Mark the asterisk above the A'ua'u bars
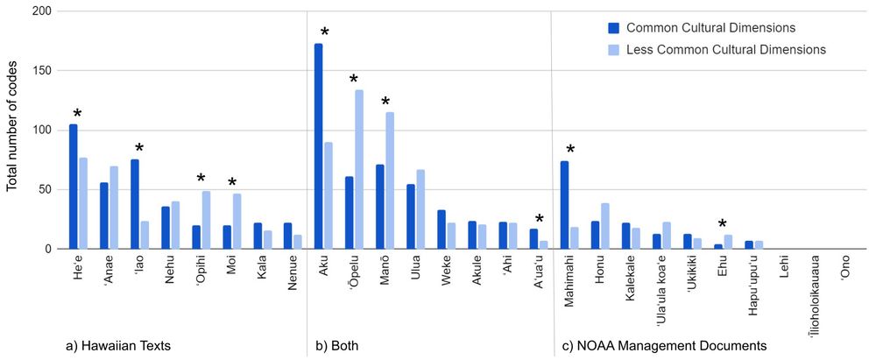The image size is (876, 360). click(x=539, y=220)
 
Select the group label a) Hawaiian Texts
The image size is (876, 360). click(x=117, y=346)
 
